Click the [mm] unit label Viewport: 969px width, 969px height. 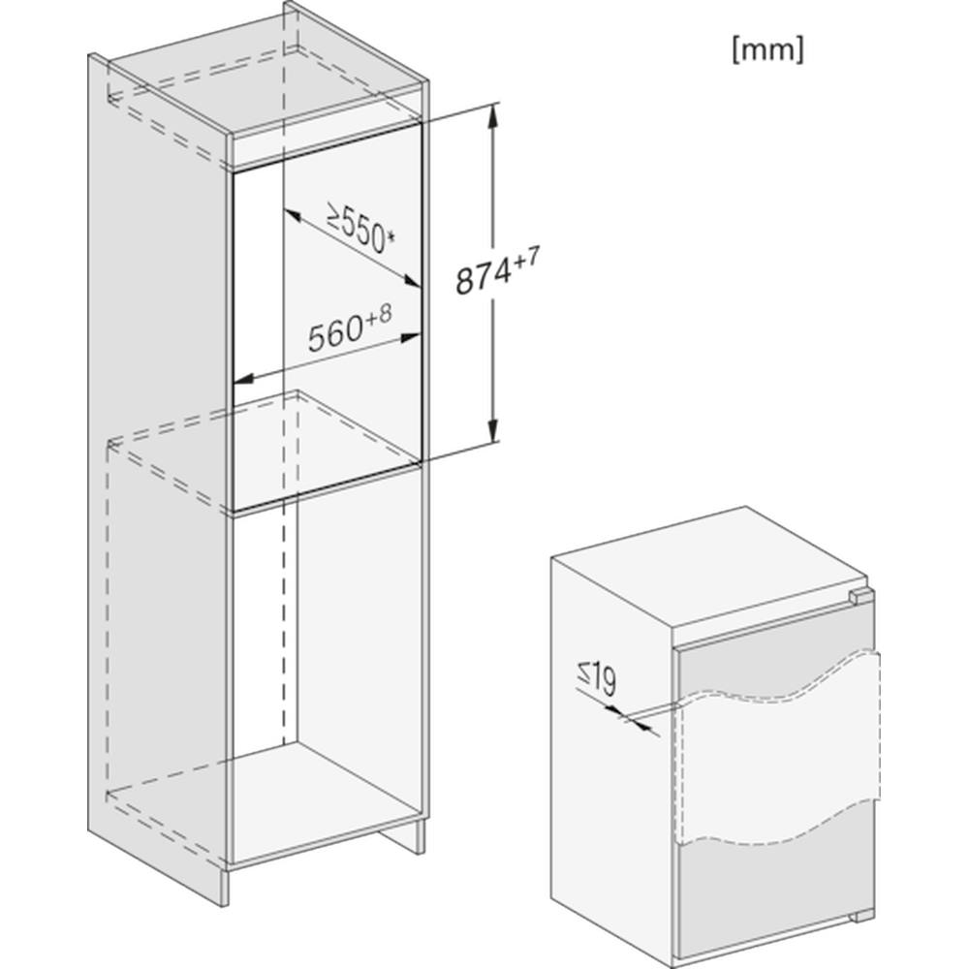(767, 49)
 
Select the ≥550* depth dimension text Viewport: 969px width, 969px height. (360, 230)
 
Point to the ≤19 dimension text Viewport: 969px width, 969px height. (596, 678)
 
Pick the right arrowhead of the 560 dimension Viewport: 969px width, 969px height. (410, 337)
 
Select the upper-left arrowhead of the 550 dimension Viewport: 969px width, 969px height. (292, 216)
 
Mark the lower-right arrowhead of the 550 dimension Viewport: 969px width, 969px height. (412, 282)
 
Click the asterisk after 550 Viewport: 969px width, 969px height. (390, 234)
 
